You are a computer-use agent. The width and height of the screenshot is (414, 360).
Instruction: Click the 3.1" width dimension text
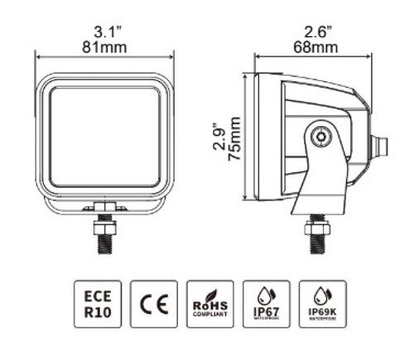point(104,32)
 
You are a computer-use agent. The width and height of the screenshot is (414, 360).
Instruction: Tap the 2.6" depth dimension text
point(315,32)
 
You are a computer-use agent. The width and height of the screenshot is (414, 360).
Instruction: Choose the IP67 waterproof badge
point(264,303)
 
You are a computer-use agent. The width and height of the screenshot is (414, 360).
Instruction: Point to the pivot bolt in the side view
point(319,136)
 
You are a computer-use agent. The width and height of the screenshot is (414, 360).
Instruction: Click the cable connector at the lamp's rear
point(380,146)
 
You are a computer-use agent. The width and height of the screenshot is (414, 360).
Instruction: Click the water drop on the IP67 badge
point(264,294)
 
